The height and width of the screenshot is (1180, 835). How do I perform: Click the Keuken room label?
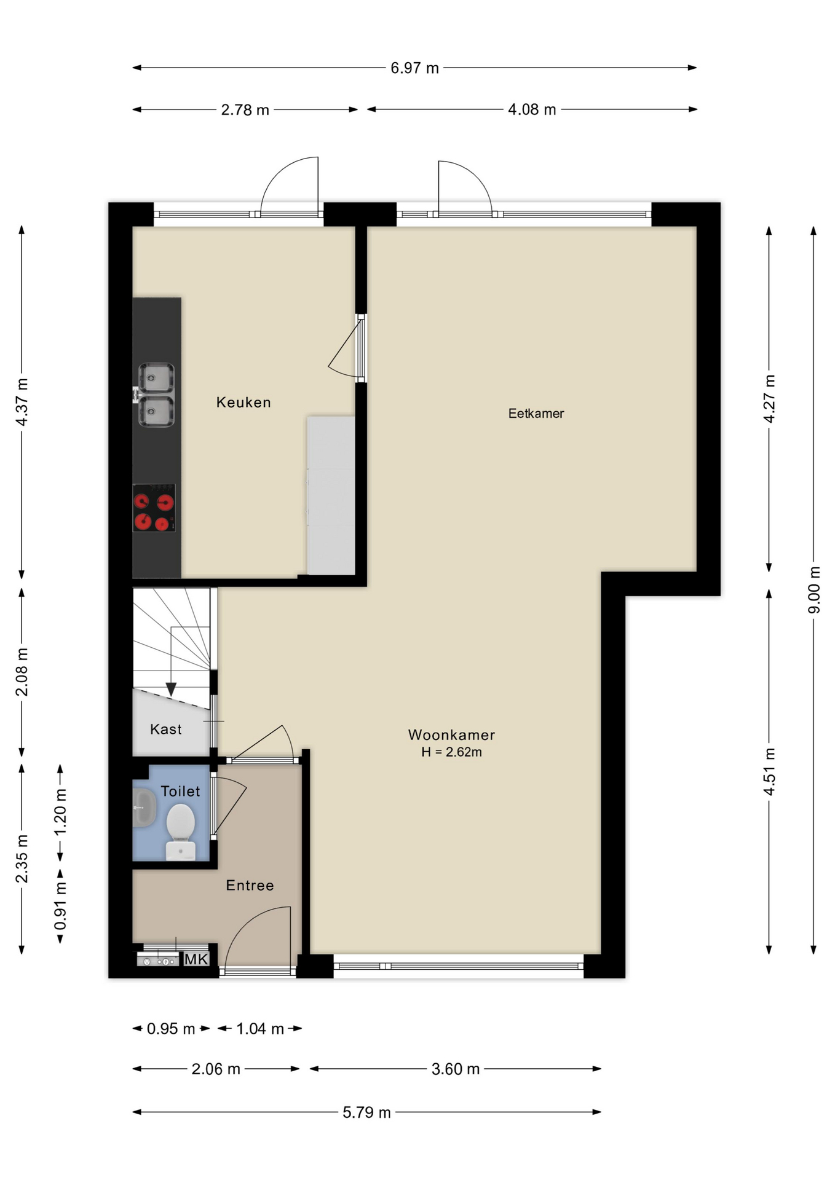pos(243,403)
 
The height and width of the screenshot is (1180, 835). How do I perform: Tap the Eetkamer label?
pos(536,414)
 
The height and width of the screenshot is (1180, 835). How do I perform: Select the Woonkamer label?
pos(451,735)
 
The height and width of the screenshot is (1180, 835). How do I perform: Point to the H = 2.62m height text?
pos(451,752)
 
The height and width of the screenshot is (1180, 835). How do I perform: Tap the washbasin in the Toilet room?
pos(144,808)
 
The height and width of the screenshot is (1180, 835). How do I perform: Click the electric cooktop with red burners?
pos(154,508)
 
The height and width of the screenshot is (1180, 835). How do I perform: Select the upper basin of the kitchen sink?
pos(156,378)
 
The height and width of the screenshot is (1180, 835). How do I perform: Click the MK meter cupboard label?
pos(196,959)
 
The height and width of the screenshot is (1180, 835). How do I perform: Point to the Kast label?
pos(166,730)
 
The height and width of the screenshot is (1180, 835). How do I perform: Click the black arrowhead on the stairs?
pos(171,689)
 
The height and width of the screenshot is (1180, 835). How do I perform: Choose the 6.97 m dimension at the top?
pos(414,68)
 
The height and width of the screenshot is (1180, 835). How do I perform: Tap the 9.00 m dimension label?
pos(814,590)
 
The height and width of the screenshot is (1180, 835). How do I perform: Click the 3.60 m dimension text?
pos(455,1069)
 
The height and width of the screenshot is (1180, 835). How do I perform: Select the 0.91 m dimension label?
pos(60,906)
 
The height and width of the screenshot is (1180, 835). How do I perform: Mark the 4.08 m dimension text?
pos(532,110)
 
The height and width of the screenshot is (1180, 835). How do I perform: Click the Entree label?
pos(250,886)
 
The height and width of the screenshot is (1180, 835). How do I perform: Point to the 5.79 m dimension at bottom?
pos(366,1113)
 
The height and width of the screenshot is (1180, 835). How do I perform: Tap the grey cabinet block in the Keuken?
pos(331,495)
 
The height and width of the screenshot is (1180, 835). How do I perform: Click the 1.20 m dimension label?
pos(60,812)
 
